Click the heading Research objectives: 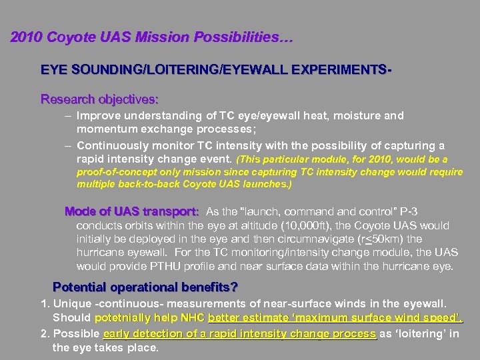point(99,99)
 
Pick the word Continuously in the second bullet point(109,145)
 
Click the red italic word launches point(269,184)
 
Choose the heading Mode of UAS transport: point(131,211)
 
